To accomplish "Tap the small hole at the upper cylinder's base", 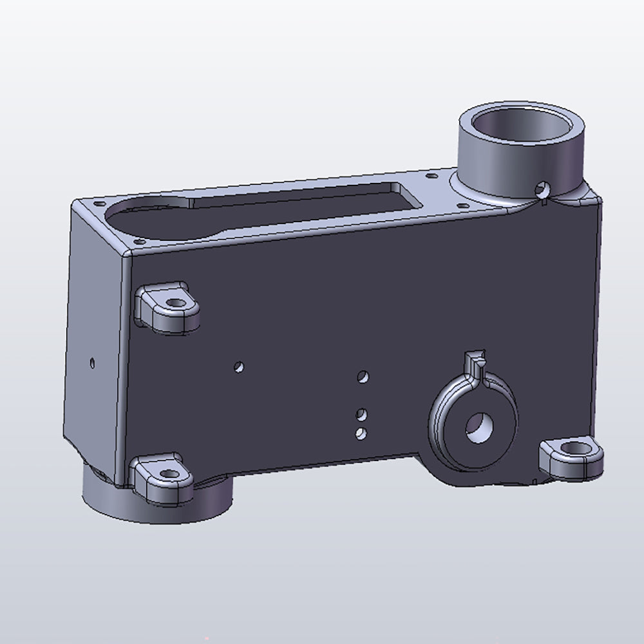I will [543, 189].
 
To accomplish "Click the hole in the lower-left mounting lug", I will [169, 475].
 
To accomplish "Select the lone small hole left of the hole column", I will [239, 367].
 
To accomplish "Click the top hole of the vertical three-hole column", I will [364, 375].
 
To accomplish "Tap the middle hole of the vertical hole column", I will [362, 412].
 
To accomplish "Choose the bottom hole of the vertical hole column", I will [361, 433].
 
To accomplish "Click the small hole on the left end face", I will [92, 362].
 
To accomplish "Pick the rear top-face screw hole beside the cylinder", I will [430, 174].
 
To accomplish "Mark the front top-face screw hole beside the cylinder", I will [463, 205].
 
